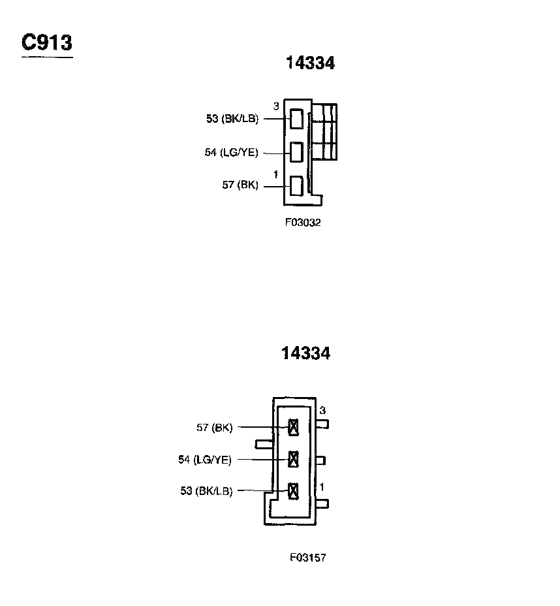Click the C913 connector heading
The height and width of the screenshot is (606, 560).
coord(47,43)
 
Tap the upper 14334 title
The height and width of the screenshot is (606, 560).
coord(310,63)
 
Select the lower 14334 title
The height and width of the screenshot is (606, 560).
coord(305,353)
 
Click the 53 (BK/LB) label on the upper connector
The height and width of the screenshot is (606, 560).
coord(232,119)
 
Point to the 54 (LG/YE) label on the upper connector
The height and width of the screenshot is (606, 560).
coord(231,153)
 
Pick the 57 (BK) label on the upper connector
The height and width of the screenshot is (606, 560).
coord(240,185)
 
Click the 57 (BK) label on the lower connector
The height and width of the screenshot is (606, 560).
coord(214,428)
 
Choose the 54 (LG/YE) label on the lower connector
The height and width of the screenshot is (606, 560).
coord(205,460)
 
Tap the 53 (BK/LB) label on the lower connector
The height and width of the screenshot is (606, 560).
coord(206,491)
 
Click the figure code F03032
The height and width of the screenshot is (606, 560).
coord(303,222)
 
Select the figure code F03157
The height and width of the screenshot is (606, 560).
coord(308,558)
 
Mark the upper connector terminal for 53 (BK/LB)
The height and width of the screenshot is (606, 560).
coord(296,119)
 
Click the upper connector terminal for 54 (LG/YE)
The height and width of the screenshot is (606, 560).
coord(296,152)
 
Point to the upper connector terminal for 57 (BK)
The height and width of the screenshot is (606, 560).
coord(296,185)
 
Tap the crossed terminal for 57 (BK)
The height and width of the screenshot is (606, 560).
coord(293,428)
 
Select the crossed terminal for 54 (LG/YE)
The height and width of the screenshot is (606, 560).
coord(293,459)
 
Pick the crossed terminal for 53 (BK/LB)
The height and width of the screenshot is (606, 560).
coord(293,490)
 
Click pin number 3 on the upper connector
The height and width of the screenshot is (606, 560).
coord(276,106)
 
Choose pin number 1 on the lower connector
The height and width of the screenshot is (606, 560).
coord(322,487)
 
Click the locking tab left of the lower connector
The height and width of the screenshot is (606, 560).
coord(264,444)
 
